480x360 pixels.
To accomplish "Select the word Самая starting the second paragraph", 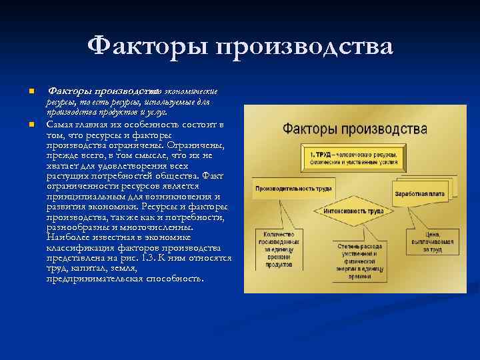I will pyautogui.click(x=61, y=125).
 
